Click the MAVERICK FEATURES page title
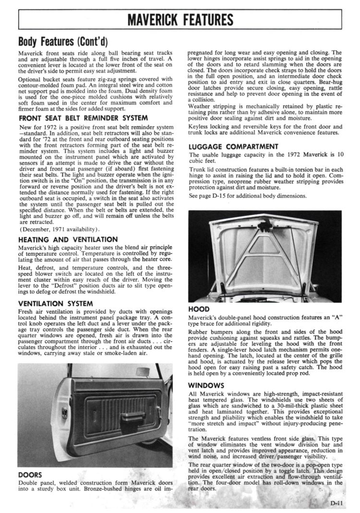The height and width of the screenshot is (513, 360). click(180, 20)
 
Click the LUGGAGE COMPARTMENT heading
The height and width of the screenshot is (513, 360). click(234, 146)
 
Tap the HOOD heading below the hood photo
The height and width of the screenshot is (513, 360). click(198, 310)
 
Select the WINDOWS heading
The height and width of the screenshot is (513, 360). click(206, 385)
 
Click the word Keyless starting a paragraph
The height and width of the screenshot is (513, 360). click(201, 127)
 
